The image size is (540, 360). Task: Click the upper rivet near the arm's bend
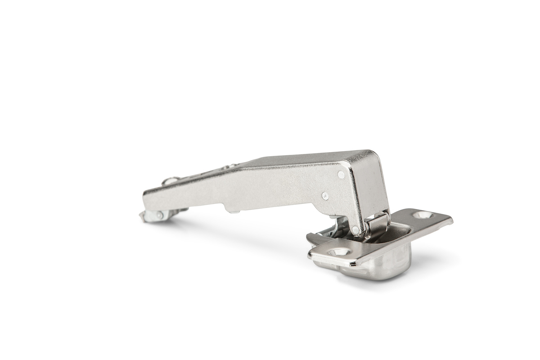(341, 174)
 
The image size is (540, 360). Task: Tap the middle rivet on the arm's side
(324, 195)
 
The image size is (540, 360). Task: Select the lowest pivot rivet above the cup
(355, 230)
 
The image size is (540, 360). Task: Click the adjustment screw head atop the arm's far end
(170, 181)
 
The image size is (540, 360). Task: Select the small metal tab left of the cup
(314, 237)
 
